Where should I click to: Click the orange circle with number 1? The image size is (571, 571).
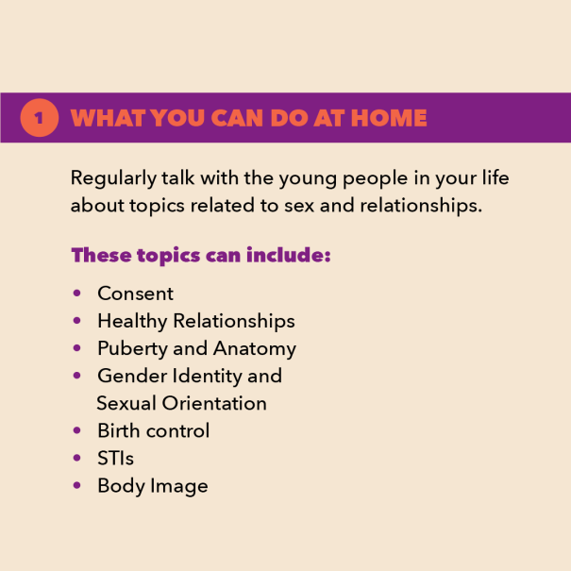tap(40, 118)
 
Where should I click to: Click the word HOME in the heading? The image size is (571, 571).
tap(389, 118)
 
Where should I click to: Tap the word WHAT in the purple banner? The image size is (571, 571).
tap(109, 118)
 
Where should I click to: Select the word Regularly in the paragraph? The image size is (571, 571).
tap(113, 178)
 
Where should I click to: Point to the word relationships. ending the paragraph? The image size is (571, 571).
tap(421, 206)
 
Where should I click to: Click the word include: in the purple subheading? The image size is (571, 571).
tap(289, 255)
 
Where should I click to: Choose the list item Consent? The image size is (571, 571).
tap(136, 294)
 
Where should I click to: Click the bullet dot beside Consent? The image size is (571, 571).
tap(76, 294)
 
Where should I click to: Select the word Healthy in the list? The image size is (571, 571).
tap(132, 322)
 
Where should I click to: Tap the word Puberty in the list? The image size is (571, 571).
tap(132, 349)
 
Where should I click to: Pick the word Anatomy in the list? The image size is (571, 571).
tap(255, 349)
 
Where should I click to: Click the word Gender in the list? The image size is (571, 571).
tap(132, 376)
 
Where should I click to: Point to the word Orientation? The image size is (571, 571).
tap(214, 404)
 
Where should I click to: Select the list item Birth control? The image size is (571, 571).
tap(153, 430)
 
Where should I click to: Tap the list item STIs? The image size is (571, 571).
tap(115, 458)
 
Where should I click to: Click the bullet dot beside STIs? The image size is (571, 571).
tap(76, 458)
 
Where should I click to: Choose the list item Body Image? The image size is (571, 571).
tap(153, 486)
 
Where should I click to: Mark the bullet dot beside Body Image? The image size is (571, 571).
tap(76, 485)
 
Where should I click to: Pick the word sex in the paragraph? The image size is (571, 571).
tap(299, 206)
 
